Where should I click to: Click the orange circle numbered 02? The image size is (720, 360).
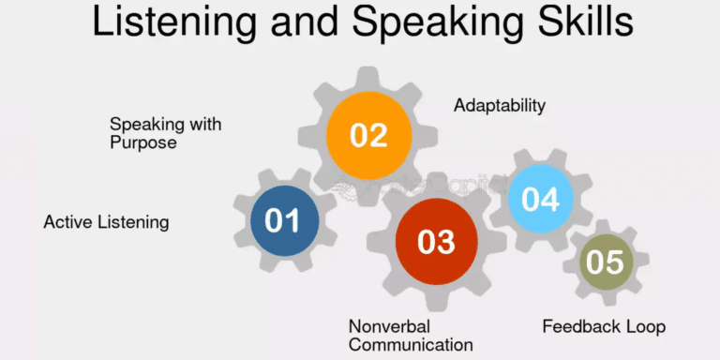(x=369, y=135)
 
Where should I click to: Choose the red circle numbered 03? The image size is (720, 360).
(x=435, y=242)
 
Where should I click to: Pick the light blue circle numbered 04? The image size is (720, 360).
(x=541, y=199)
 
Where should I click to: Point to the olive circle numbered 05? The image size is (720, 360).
(x=605, y=262)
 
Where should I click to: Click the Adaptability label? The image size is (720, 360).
(x=500, y=105)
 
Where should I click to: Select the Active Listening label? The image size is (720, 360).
(x=106, y=222)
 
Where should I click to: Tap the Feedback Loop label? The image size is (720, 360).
(x=604, y=326)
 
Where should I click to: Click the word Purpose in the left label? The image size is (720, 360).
(x=142, y=143)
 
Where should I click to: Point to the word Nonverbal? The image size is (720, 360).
(x=388, y=325)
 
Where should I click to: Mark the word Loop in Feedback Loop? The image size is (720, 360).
(x=646, y=326)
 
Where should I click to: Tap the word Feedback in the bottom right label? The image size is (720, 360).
(x=582, y=326)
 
